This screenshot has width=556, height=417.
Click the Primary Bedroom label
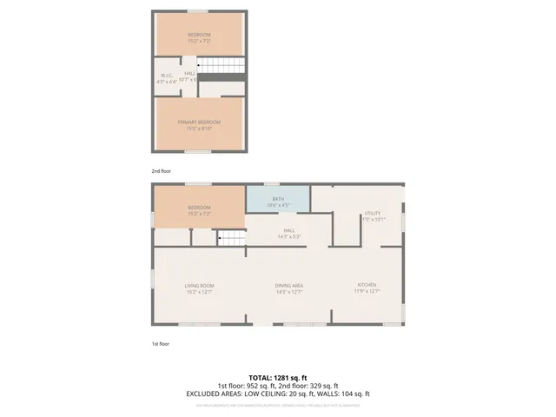pyautogui.click(x=199, y=122)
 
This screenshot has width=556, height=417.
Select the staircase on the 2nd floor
pyautogui.click(x=222, y=68)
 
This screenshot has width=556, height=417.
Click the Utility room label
pyautogui.click(x=373, y=215)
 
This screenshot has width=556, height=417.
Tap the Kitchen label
pyautogui.click(x=367, y=288)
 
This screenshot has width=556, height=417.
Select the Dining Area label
pyautogui.click(x=288, y=288)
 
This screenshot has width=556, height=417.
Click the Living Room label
pyautogui.click(x=199, y=288)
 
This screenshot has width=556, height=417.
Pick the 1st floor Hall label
pyautogui.click(x=288, y=233)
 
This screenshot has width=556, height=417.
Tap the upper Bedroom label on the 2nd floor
pyautogui.click(x=199, y=36)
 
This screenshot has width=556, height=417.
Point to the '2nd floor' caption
pyautogui.click(x=162, y=171)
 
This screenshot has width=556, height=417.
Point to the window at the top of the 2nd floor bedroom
pyautogui.click(x=199, y=11)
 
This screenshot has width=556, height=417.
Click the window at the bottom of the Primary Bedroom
pyautogui.click(x=199, y=152)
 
